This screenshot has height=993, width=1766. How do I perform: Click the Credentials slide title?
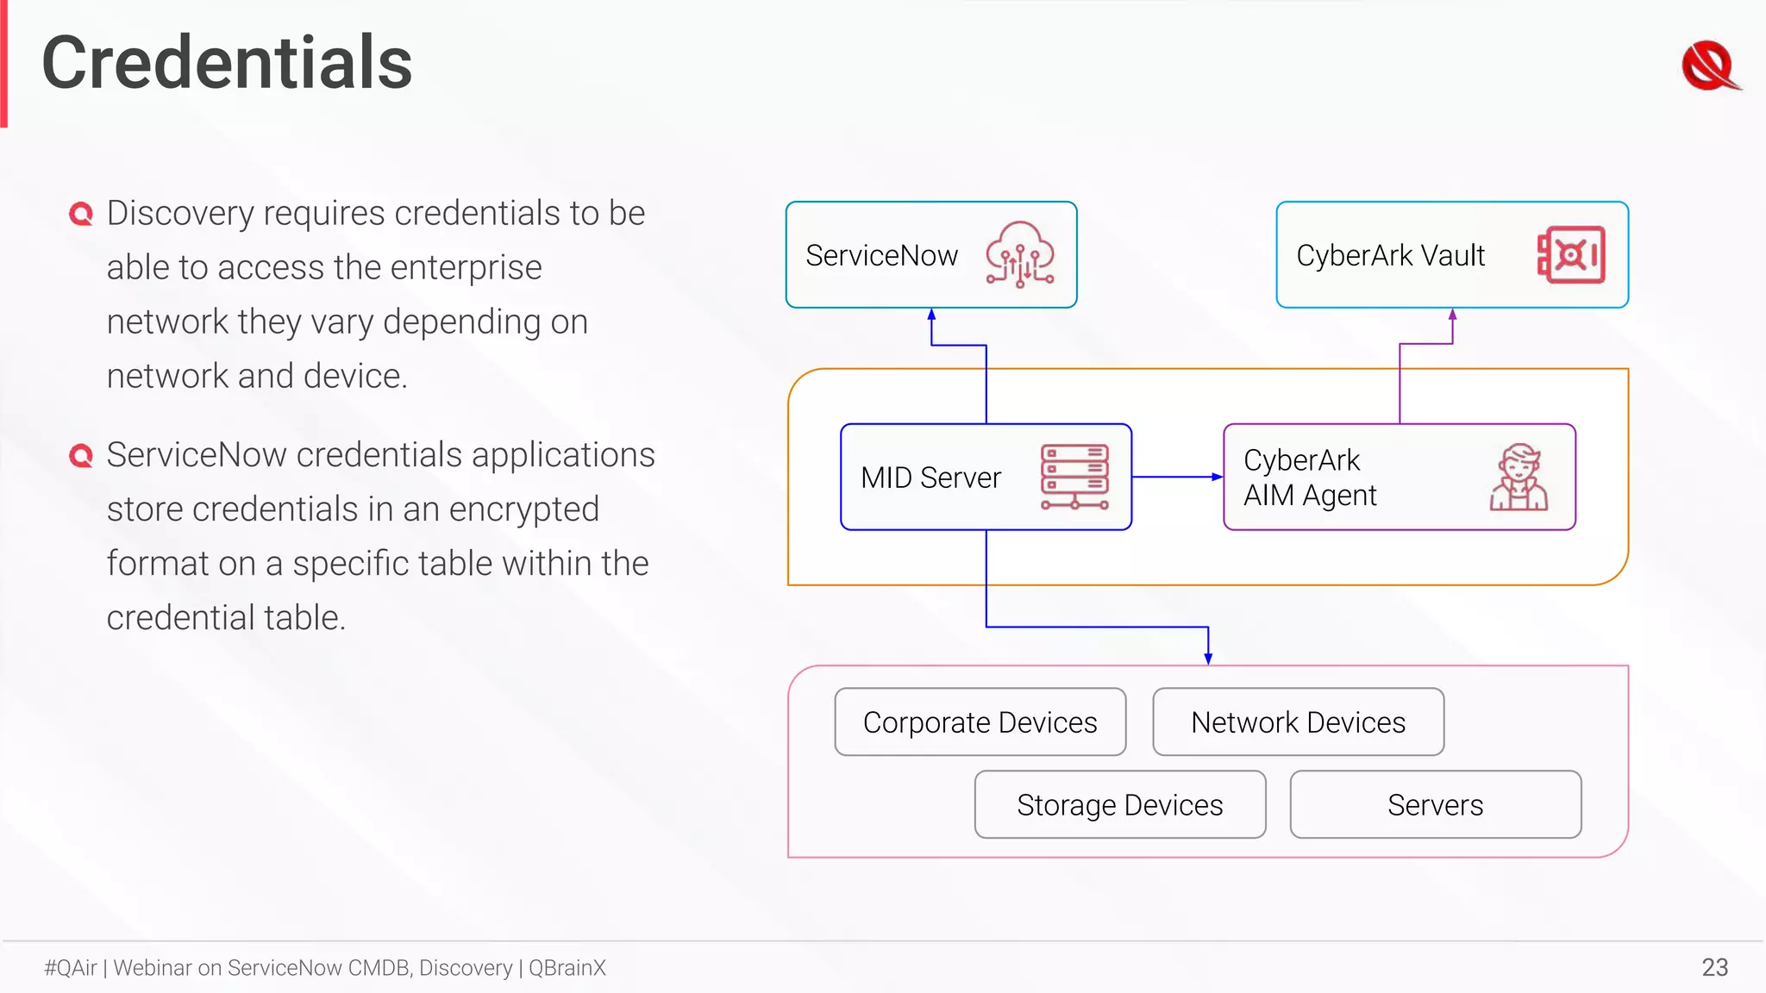(227, 63)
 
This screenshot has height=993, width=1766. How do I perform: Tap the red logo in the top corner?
(1709, 66)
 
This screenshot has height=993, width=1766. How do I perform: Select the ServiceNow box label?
(881, 256)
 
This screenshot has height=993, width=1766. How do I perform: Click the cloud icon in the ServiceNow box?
(1020, 253)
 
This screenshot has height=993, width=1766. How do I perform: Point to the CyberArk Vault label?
(1390, 256)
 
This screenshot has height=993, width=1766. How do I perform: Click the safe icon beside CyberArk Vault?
(1571, 255)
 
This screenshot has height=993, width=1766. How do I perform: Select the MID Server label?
(930, 478)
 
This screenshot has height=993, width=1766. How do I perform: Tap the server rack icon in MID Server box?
(1074, 477)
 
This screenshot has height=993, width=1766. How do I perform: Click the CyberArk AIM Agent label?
(1309, 478)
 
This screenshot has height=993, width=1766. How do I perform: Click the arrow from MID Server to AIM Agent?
(1177, 477)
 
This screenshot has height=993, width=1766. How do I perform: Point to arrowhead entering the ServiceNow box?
(931, 315)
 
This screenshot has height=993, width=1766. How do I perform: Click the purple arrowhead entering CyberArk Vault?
(1453, 315)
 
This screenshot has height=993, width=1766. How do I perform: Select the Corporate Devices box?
(980, 722)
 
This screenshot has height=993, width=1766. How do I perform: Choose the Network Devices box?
(1298, 722)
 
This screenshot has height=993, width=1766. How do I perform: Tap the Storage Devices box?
(1119, 805)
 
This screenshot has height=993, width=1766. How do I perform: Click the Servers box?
(1435, 805)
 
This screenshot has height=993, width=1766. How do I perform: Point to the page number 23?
(1714, 967)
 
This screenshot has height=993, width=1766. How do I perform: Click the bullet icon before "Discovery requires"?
(81, 214)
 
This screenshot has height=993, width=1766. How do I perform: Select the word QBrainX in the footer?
(567, 968)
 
